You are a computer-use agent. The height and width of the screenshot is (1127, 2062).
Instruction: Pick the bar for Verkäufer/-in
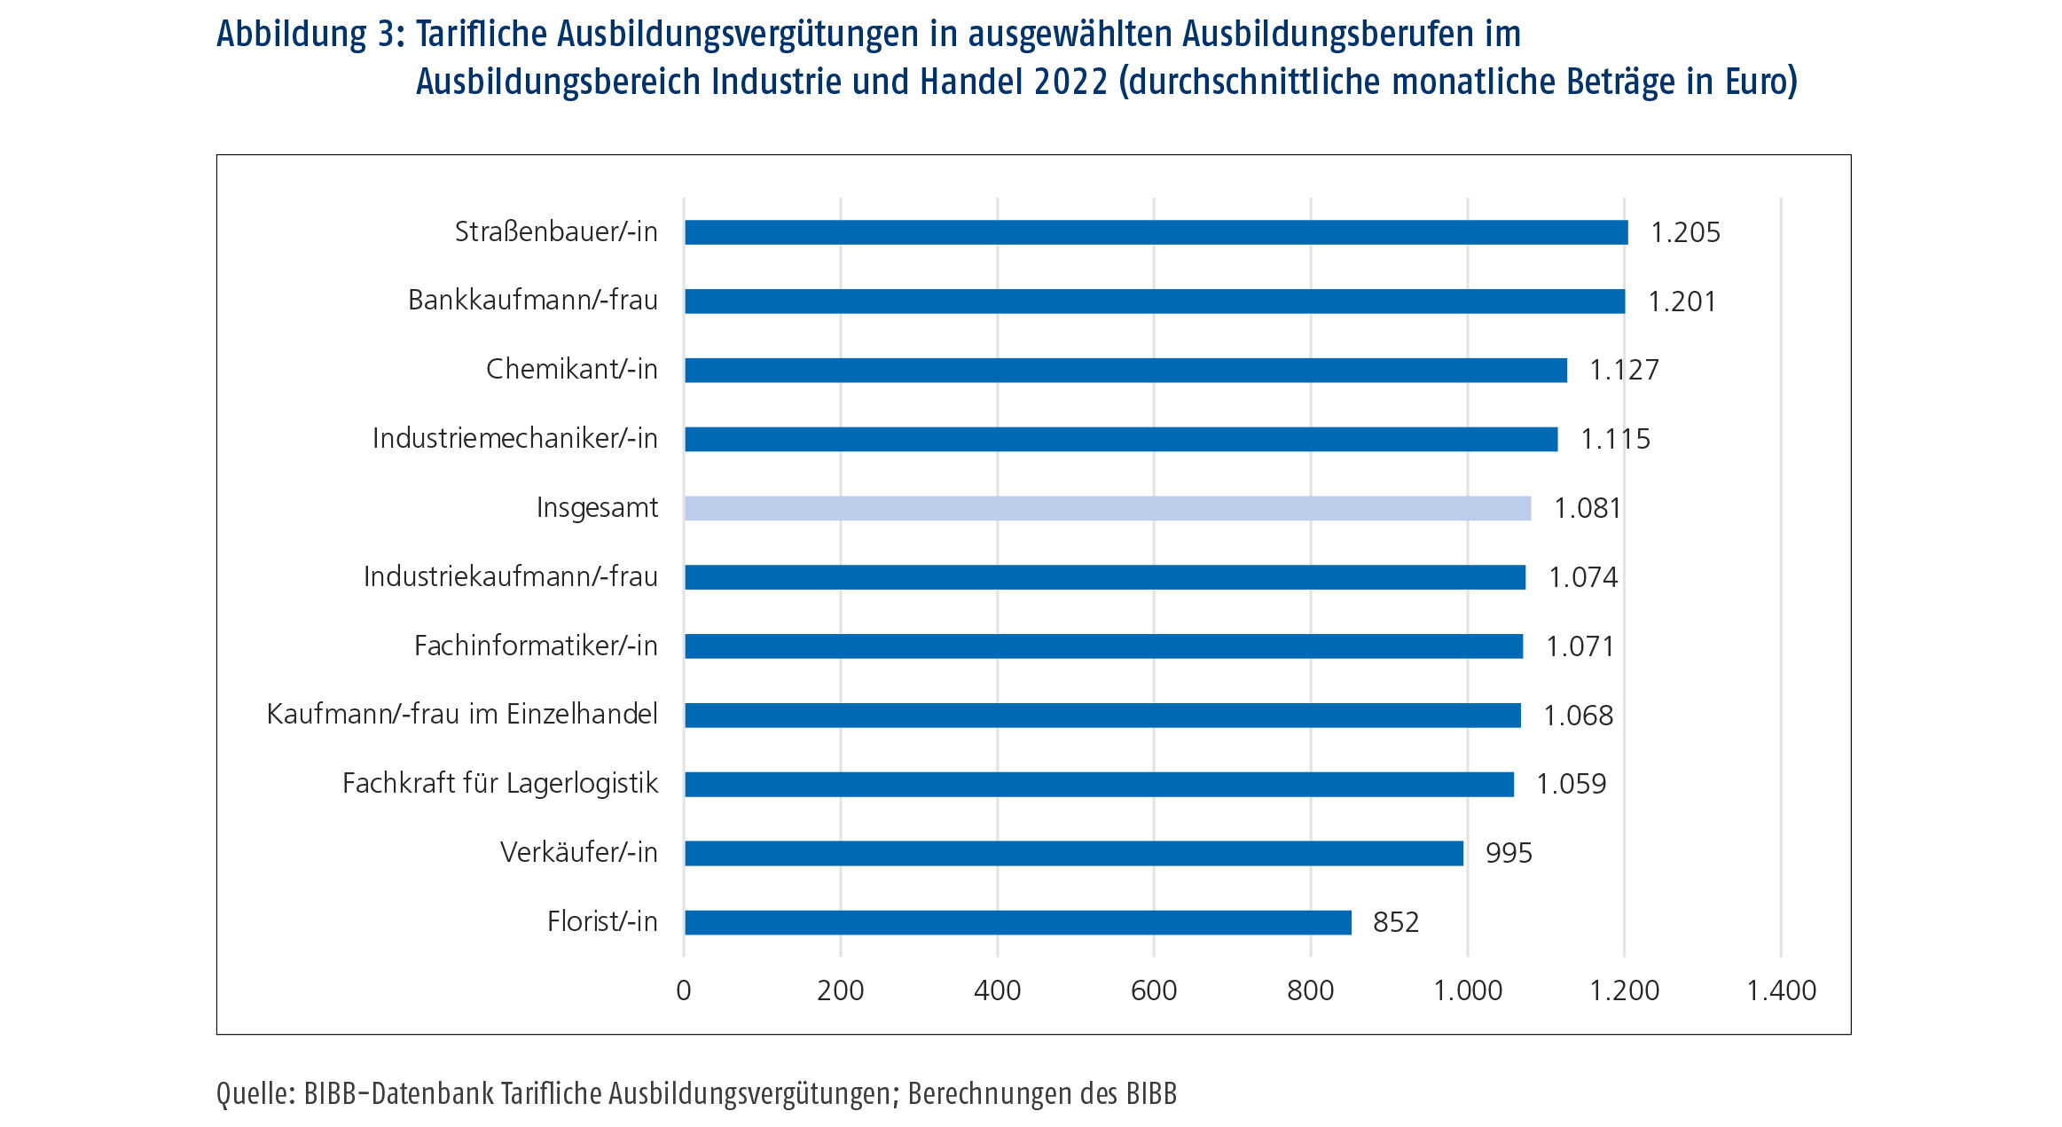(1073, 853)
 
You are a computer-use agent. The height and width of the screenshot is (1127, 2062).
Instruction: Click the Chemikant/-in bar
(1125, 370)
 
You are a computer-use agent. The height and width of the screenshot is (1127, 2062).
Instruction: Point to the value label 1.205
(1684, 232)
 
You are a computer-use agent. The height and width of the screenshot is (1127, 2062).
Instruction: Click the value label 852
(1395, 922)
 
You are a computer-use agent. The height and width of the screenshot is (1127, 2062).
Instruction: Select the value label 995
(1508, 853)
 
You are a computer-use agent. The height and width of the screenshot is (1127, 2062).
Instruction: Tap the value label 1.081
(1587, 508)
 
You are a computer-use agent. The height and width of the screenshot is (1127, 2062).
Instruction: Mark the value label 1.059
(1571, 784)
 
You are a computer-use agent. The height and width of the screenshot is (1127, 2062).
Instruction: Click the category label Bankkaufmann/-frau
(532, 301)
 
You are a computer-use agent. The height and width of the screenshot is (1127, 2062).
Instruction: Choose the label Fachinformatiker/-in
(536, 646)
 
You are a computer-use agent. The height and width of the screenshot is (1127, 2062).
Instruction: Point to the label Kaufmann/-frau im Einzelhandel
(462, 714)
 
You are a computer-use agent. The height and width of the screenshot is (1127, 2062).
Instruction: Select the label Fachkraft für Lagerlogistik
(500, 783)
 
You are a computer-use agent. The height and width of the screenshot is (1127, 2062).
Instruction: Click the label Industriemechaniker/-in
(514, 438)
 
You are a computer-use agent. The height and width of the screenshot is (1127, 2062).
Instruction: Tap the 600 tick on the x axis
(1153, 990)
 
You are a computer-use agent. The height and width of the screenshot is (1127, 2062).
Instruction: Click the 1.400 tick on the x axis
(1780, 990)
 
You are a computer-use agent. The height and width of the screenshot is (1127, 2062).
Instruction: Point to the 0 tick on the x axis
(683, 990)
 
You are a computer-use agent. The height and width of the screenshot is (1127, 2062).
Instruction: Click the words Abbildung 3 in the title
(310, 35)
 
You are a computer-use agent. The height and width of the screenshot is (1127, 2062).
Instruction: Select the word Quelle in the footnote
(255, 1094)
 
